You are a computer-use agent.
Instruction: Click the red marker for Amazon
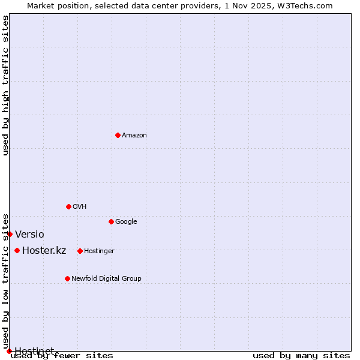tap(118, 135)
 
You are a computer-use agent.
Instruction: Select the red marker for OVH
tap(68, 206)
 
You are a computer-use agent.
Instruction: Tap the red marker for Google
tap(111, 221)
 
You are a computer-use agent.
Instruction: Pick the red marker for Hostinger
tap(80, 251)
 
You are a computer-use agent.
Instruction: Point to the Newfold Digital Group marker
tap(67, 278)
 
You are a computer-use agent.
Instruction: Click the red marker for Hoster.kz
tap(17, 250)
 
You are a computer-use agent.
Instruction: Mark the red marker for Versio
tap(10, 234)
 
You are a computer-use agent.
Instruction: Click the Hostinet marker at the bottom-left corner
tap(9, 351)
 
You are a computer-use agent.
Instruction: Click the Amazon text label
tap(134, 135)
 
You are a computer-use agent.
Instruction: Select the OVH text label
tap(80, 206)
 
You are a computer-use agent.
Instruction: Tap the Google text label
tap(126, 221)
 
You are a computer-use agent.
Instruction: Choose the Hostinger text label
tap(99, 251)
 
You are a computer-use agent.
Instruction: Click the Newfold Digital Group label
tap(106, 278)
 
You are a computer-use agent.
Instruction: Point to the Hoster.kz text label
tap(44, 250)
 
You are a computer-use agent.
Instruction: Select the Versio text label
tap(29, 234)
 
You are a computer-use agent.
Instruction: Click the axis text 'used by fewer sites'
tap(62, 356)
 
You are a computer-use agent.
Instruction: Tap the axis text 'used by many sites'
tap(301, 356)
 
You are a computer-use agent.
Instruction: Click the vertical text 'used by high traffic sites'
tap(5, 85)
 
